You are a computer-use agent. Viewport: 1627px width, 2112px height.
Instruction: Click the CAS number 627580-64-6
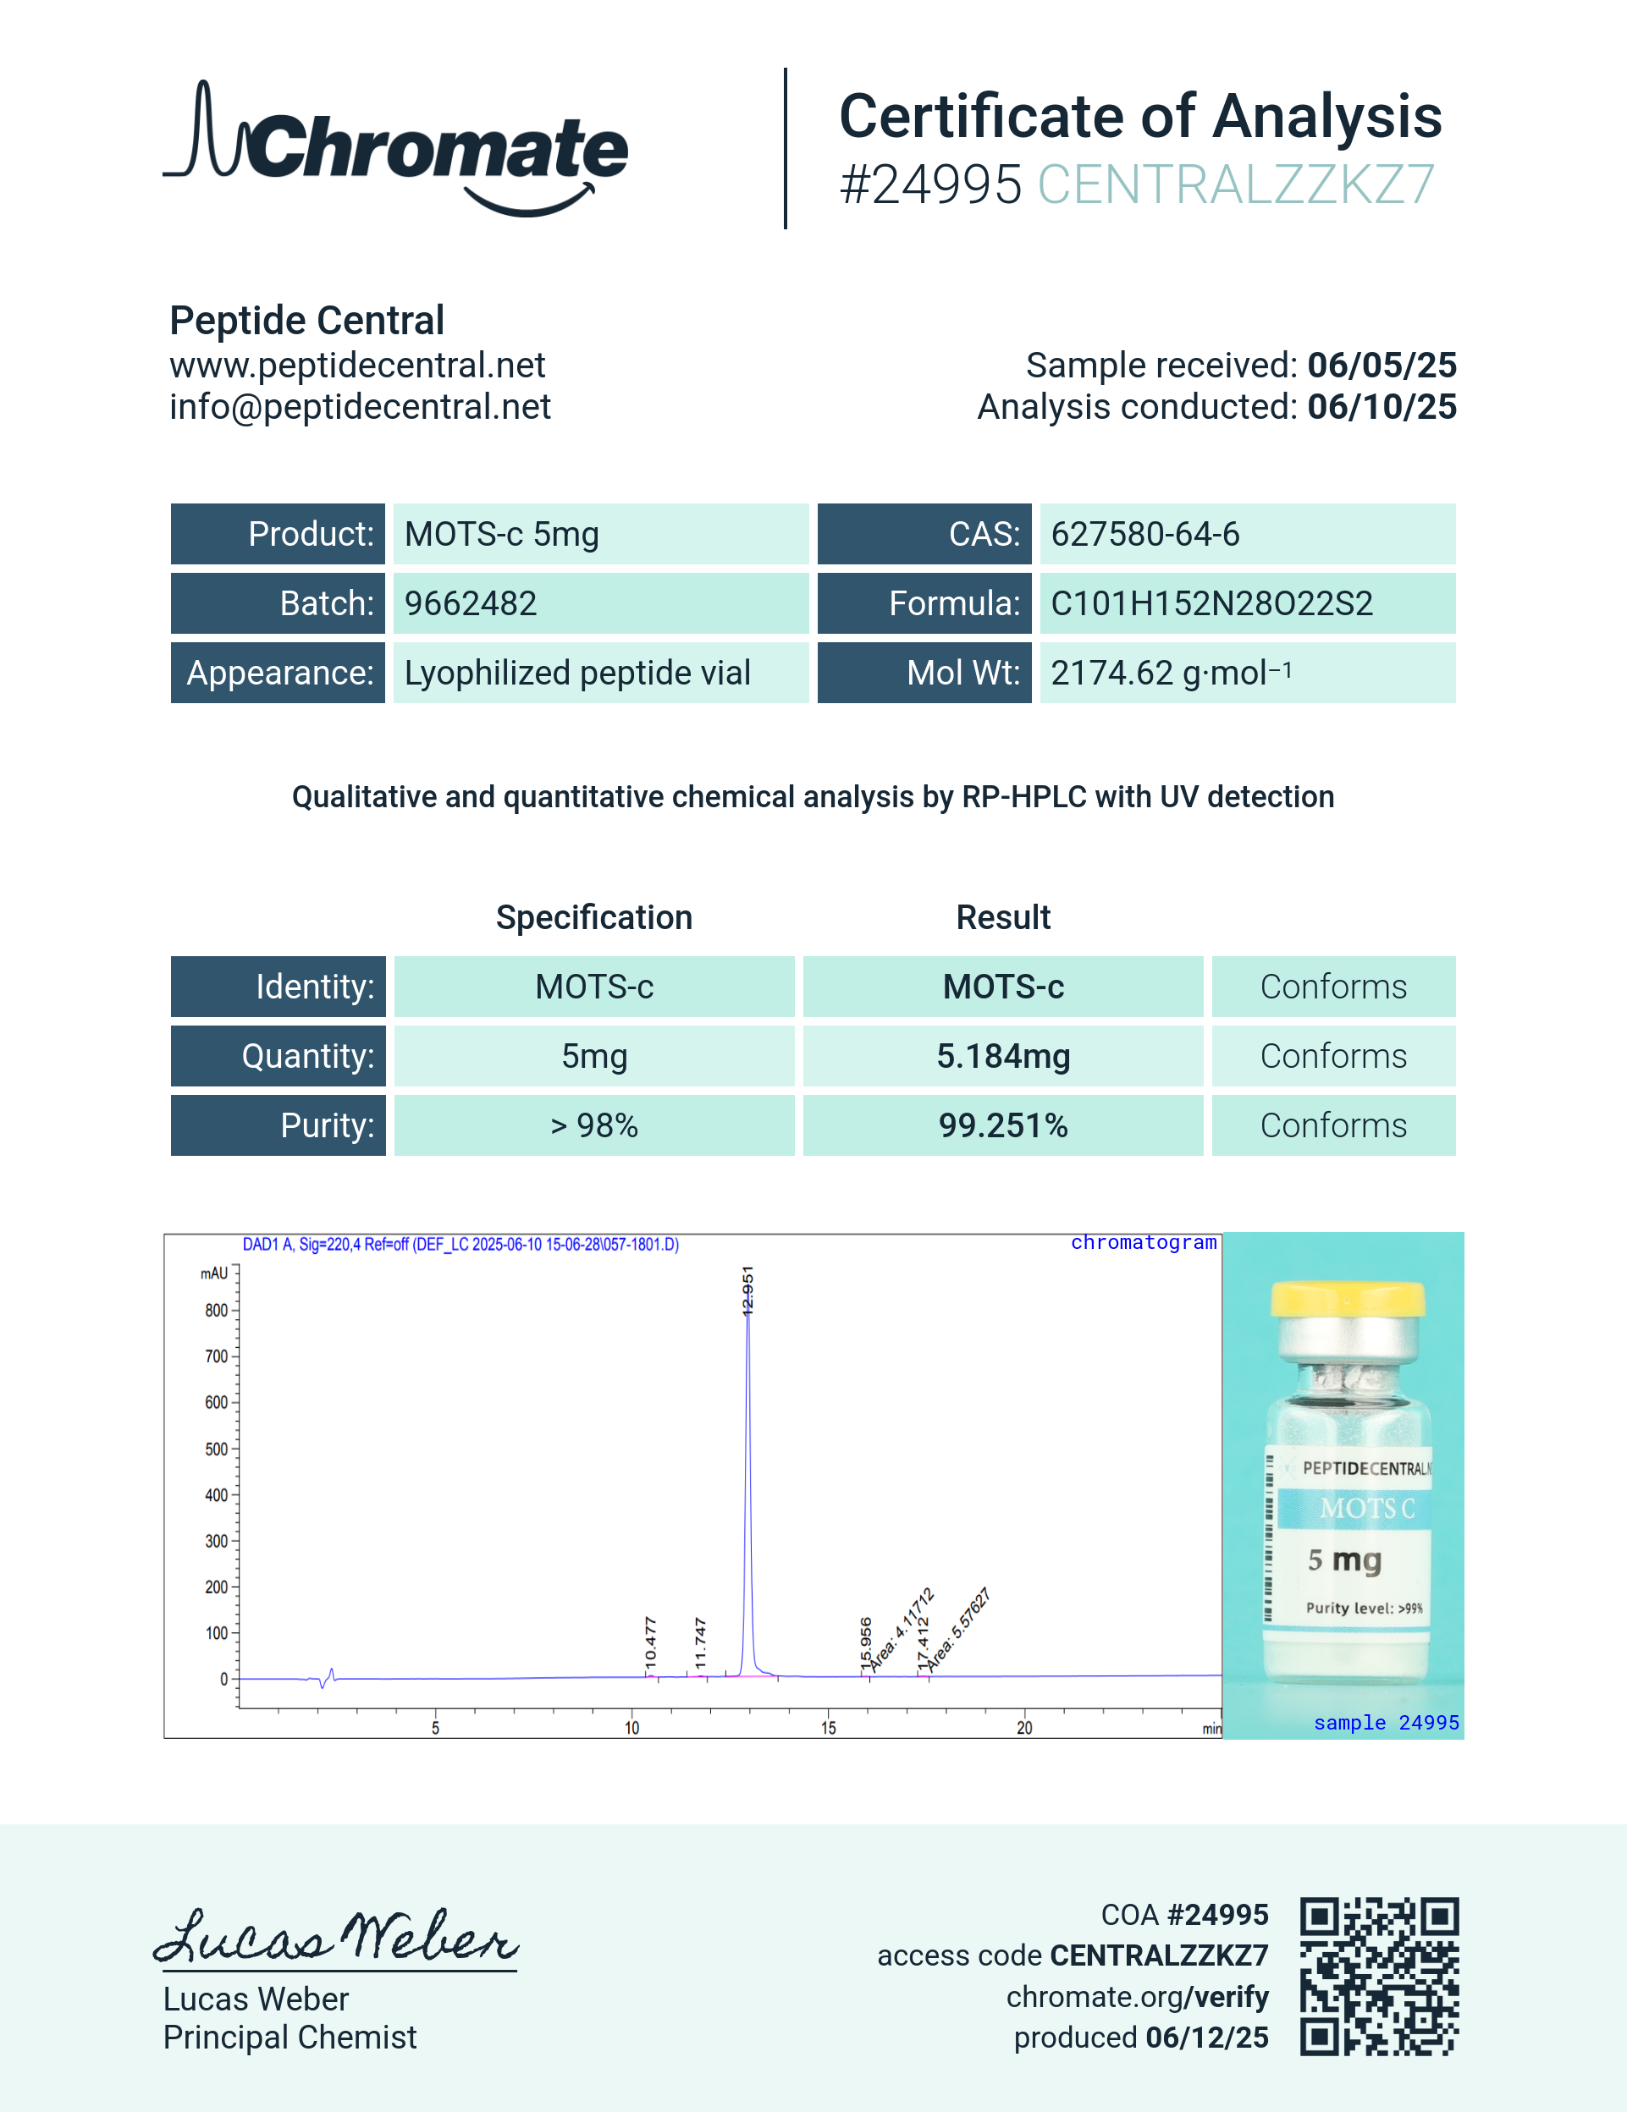click(x=1144, y=534)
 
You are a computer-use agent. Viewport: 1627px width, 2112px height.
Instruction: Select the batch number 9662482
click(x=470, y=603)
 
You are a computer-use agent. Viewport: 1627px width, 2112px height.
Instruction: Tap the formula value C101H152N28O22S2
click(x=1211, y=603)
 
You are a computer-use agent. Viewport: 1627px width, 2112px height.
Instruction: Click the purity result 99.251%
click(x=1003, y=1125)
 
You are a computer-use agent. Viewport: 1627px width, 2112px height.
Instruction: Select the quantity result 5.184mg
click(x=1003, y=1056)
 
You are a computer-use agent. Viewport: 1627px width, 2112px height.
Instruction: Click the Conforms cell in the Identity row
click(x=1333, y=987)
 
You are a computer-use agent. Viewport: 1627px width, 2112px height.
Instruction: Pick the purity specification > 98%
click(x=594, y=1125)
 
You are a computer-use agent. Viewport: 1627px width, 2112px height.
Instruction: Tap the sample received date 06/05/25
click(x=1382, y=366)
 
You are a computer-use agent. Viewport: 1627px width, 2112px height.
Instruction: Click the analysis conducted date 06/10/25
click(x=1382, y=407)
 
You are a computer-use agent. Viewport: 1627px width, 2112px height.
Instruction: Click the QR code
click(x=1378, y=1976)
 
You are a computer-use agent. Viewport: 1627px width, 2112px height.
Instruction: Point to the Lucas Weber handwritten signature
click(x=336, y=1937)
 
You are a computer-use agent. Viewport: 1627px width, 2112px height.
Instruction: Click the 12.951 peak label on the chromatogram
click(x=747, y=1290)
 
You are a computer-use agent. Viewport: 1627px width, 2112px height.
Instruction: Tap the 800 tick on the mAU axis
click(x=217, y=1311)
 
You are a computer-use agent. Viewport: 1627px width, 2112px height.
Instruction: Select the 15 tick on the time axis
click(x=829, y=1728)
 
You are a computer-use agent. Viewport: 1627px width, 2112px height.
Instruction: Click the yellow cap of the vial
click(x=1348, y=1299)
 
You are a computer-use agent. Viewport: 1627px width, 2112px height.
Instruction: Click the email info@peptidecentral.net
click(x=360, y=407)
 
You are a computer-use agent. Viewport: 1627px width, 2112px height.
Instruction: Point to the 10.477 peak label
click(x=650, y=1642)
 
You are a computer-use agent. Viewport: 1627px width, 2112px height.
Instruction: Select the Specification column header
click(x=594, y=916)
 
